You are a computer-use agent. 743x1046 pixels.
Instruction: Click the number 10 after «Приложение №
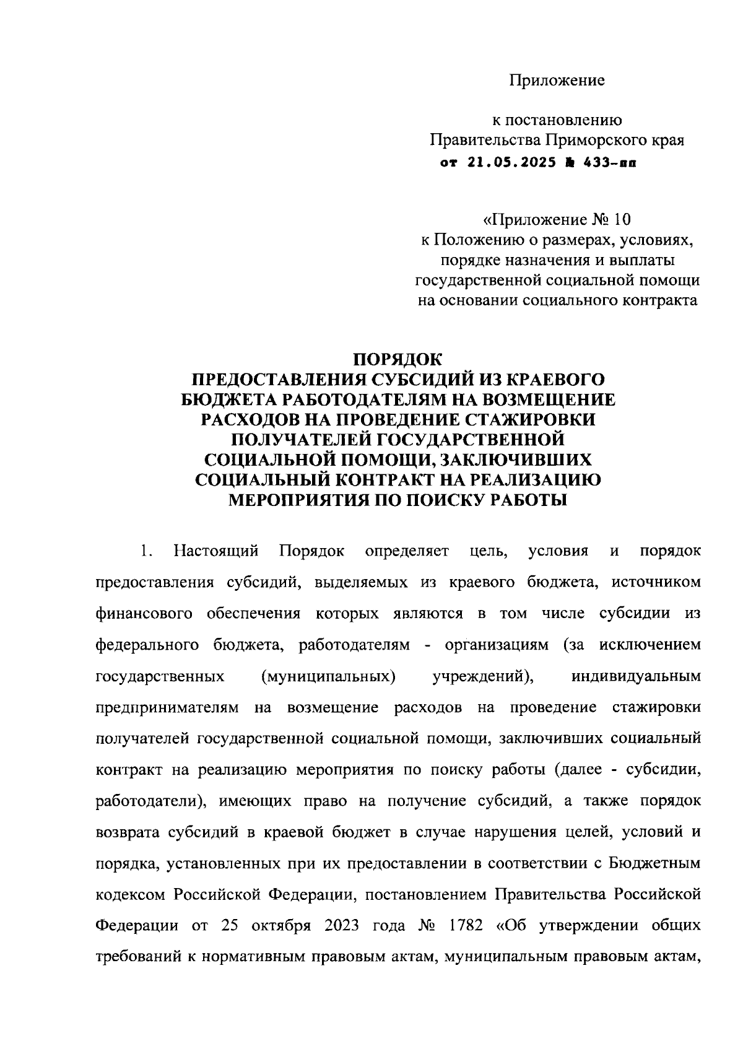pyautogui.click(x=624, y=220)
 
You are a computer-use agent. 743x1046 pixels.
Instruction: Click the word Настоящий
pyautogui.click(x=216, y=551)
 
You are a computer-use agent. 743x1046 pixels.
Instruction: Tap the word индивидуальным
pyautogui.click(x=637, y=676)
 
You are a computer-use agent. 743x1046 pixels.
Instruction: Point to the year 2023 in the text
pyautogui.click(x=341, y=926)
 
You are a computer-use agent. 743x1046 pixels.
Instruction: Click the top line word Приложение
pyautogui.click(x=557, y=81)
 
